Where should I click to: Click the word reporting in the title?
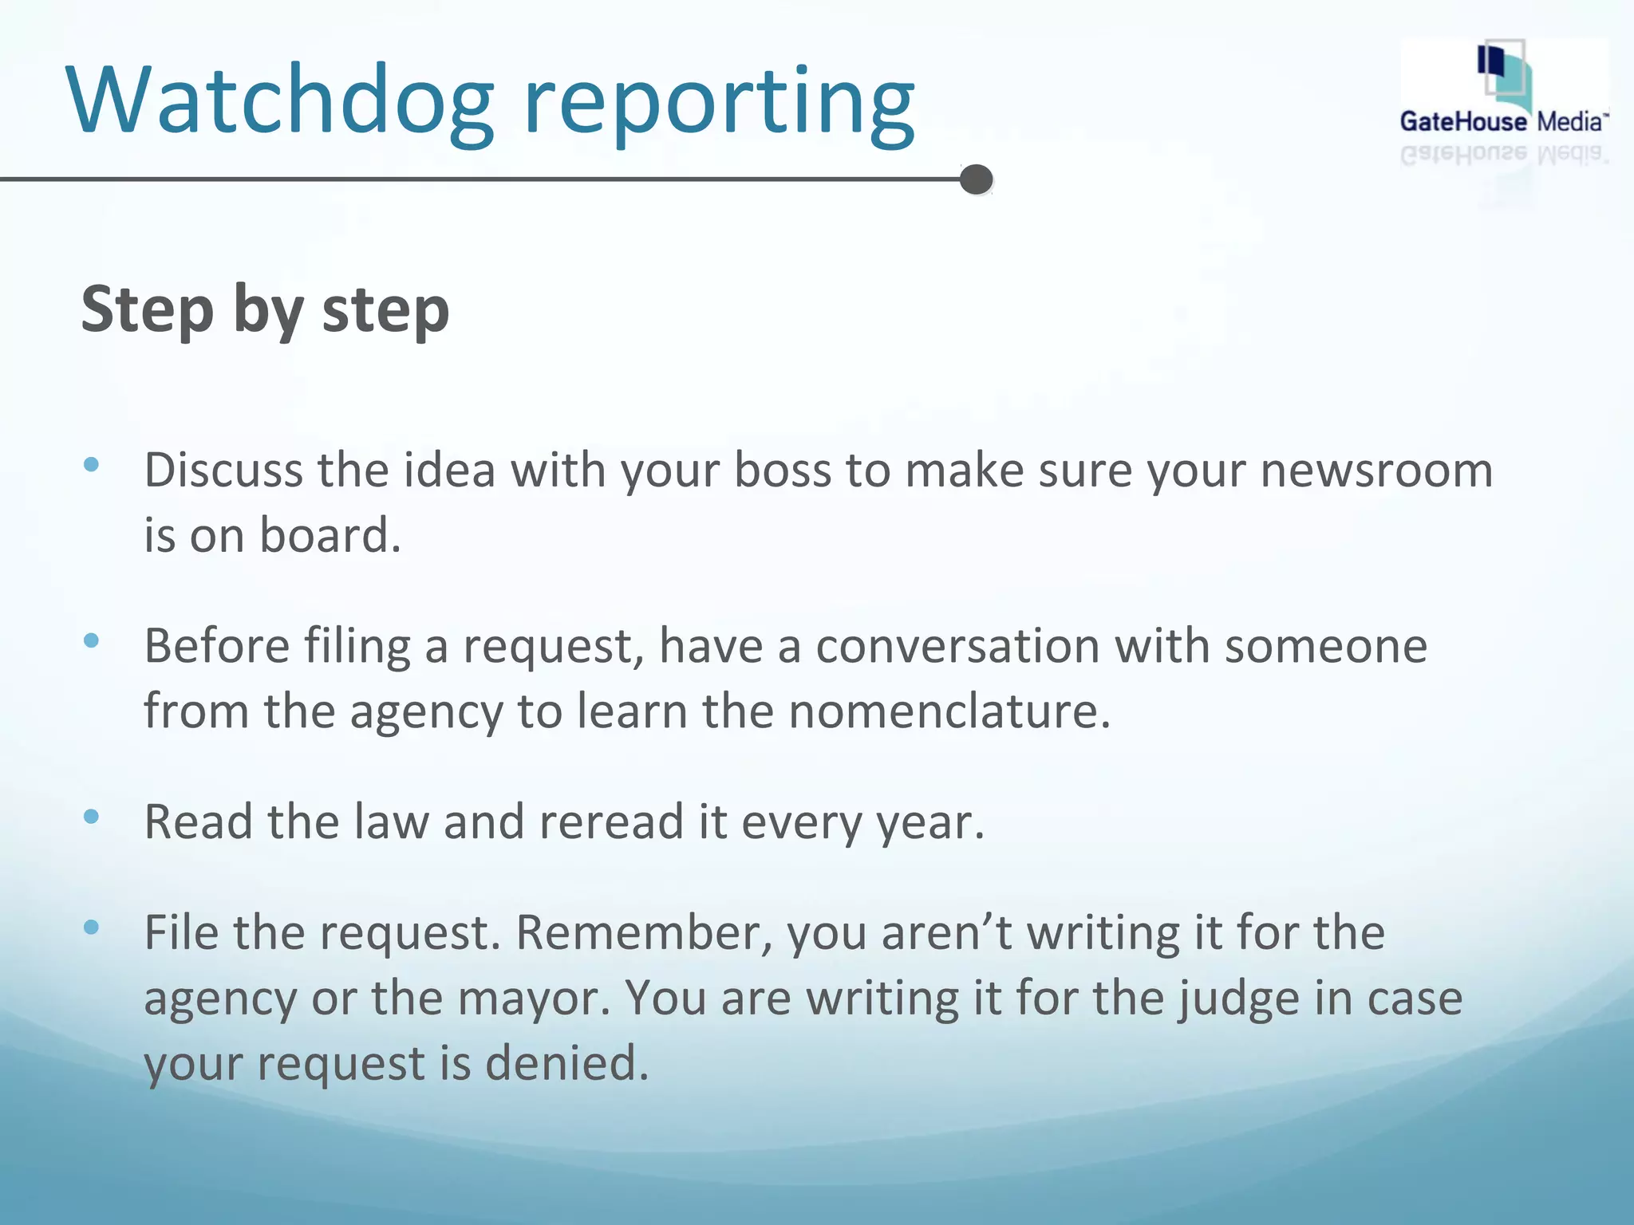click(720, 105)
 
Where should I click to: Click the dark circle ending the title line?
click(976, 179)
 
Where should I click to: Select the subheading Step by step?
click(265, 309)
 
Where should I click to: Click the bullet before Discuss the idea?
click(91, 464)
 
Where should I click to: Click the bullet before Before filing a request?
click(91, 640)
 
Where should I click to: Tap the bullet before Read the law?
click(91, 816)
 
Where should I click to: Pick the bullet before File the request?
click(91, 927)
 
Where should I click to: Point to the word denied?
click(566, 1064)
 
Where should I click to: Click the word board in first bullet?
click(330, 536)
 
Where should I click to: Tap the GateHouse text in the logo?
click(1463, 122)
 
